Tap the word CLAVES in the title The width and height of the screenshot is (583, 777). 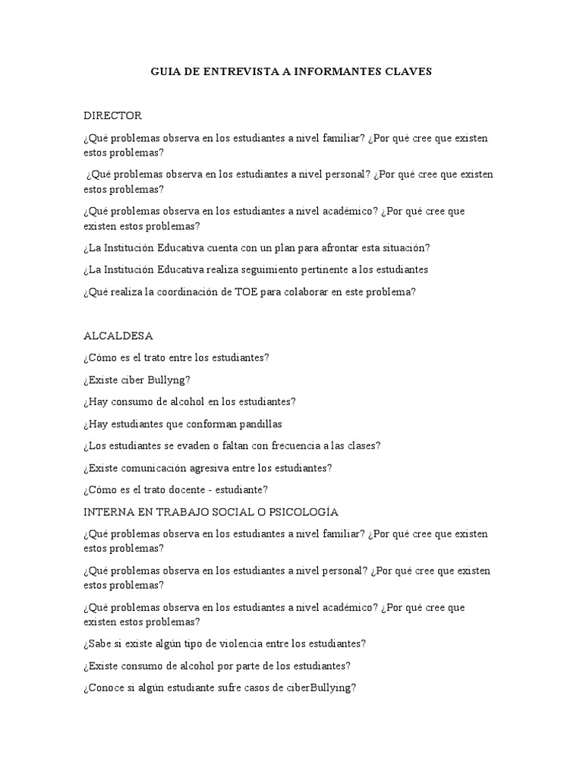coord(405,72)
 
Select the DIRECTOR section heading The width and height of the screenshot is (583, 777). coord(112,116)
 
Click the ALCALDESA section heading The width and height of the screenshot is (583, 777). coord(118,335)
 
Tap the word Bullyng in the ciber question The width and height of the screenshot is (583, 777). coord(170,379)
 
